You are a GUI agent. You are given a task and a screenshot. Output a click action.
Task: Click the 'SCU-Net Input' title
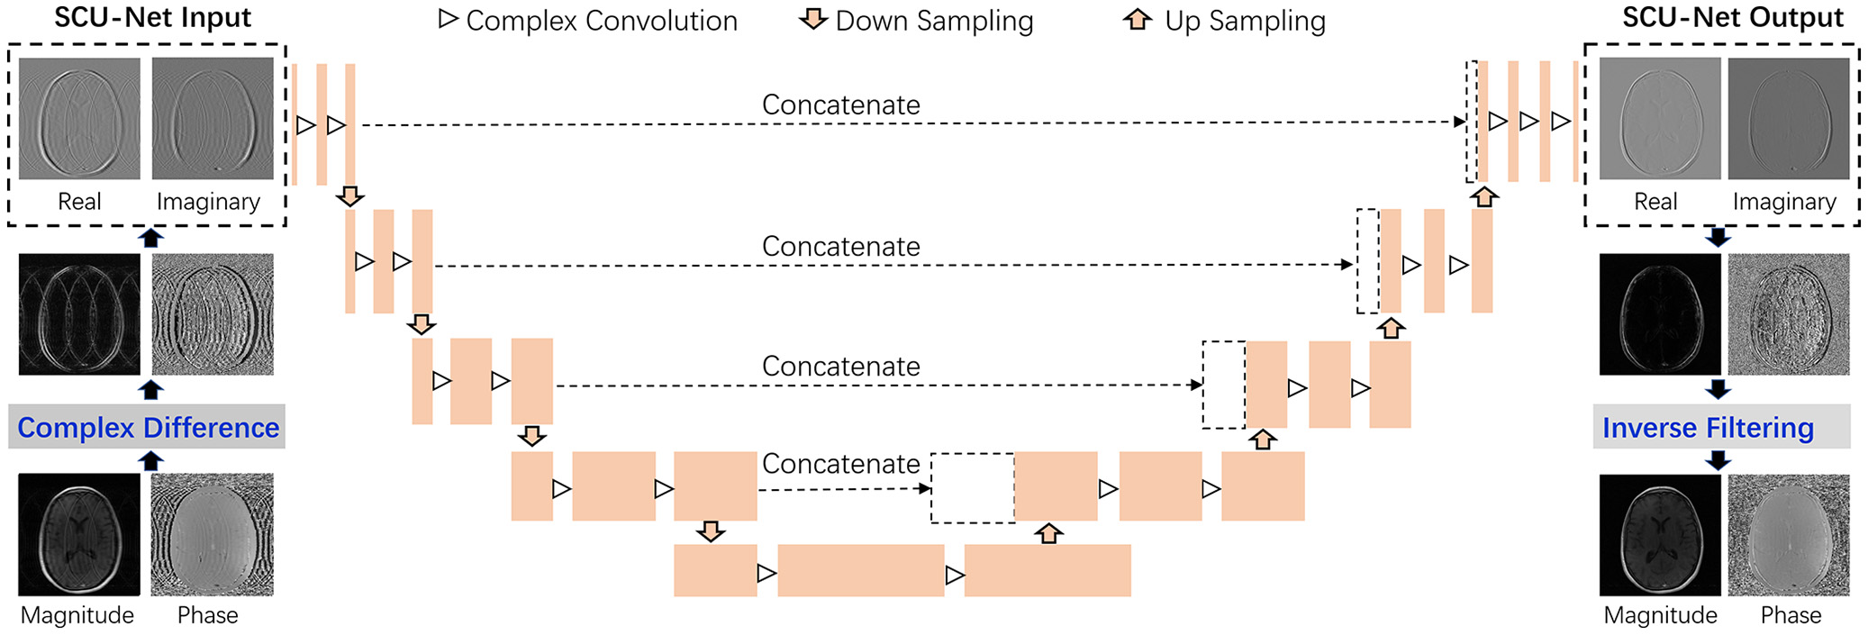152,18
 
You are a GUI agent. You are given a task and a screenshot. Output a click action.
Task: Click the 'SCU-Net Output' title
1732,18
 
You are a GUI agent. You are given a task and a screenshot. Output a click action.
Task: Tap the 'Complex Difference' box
148,427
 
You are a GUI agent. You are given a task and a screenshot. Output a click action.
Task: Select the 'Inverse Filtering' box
1708,427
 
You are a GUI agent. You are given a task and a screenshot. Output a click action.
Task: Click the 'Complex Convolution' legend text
601,21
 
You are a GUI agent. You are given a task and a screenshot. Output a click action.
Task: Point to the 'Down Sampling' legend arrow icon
813,19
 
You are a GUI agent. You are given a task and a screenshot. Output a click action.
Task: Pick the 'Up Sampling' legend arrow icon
1138,19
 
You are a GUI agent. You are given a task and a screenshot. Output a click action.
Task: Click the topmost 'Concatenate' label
840,104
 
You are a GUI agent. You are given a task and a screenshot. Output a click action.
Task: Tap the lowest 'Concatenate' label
840,464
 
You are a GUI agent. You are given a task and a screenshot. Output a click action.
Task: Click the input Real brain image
79,119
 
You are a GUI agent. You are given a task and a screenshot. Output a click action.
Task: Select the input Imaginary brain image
213,119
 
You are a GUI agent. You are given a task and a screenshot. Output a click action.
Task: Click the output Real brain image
1659,119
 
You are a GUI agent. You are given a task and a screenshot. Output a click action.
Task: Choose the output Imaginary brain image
1788,119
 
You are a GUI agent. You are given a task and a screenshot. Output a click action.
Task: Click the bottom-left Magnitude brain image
79,534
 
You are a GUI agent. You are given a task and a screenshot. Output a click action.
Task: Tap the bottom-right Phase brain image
1788,534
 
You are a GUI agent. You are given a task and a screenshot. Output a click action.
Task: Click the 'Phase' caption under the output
1791,615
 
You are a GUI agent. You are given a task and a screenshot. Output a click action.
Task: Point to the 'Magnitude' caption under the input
77,615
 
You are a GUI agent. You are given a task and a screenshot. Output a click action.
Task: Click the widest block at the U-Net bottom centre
860,570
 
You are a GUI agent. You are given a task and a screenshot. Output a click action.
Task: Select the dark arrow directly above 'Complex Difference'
150,390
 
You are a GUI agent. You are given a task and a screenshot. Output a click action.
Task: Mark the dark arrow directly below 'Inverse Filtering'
1718,460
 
